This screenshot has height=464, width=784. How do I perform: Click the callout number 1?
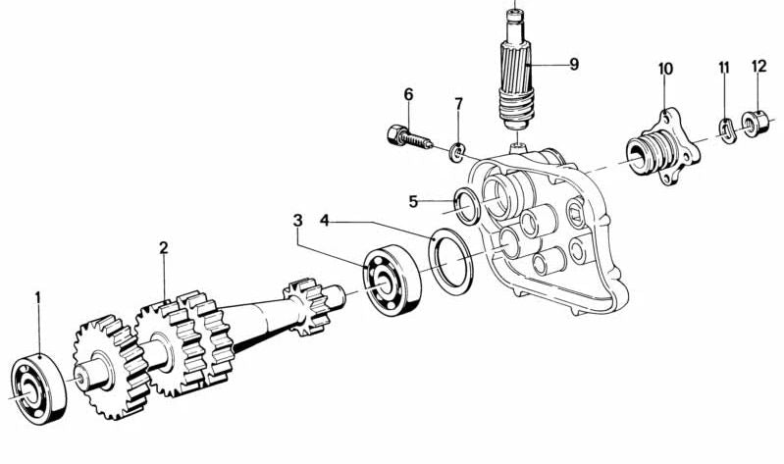37,298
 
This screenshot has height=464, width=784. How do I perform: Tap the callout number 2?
164,248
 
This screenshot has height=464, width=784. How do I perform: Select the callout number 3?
298,221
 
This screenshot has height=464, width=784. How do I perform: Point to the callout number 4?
325,221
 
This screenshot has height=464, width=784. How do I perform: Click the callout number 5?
413,201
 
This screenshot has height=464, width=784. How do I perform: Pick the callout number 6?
409,94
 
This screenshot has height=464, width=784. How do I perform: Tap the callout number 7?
458,104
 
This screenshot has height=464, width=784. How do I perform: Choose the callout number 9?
574,64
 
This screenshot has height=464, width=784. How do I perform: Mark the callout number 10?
665,69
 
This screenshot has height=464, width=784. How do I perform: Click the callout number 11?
724,68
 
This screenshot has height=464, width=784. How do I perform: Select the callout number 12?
759,66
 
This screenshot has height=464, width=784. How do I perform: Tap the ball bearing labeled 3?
392,280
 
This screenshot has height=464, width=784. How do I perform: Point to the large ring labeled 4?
451,262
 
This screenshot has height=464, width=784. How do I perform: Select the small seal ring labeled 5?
467,206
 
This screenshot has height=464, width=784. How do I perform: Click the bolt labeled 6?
409,137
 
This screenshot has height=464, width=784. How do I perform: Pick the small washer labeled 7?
457,151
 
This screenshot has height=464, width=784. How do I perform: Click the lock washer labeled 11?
726,130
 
